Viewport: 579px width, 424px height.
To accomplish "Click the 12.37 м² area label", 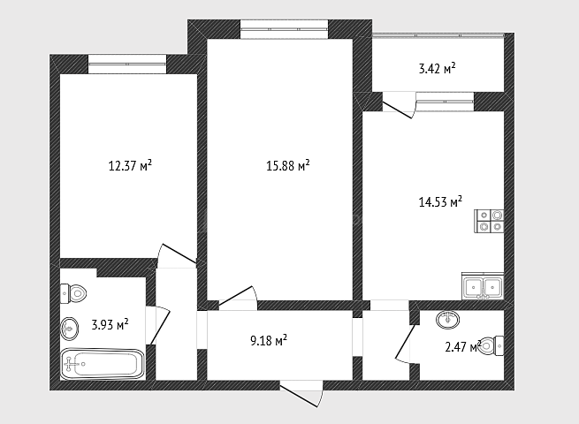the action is pyautogui.click(x=130, y=165).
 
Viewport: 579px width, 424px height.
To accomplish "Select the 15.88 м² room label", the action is pyautogui.click(x=287, y=165).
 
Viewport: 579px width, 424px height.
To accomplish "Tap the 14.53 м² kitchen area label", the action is pyautogui.click(x=440, y=201).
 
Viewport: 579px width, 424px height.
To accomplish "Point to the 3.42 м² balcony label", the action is pyautogui.click(x=437, y=69).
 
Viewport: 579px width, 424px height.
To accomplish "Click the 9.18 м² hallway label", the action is pyautogui.click(x=269, y=340).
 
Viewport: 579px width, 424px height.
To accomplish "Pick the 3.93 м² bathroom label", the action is pyautogui.click(x=110, y=325).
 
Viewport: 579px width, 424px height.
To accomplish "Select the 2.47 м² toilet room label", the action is pyautogui.click(x=463, y=346).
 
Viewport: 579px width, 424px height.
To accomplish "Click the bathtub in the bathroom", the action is pyautogui.click(x=103, y=364).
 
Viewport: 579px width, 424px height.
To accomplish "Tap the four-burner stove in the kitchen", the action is pyautogui.click(x=489, y=221).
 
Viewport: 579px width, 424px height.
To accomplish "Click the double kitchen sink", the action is pyautogui.click(x=483, y=286).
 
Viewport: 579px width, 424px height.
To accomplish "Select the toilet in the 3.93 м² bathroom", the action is pyautogui.click(x=73, y=294).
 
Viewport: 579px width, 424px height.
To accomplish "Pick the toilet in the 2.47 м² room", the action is pyautogui.click(x=491, y=345).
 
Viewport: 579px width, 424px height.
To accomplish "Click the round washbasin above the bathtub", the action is pyautogui.click(x=69, y=328).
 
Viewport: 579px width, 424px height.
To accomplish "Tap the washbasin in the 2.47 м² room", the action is pyautogui.click(x=447, y=319).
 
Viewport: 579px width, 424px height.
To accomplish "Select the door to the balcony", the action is pyautogui.click(x=400, y=105).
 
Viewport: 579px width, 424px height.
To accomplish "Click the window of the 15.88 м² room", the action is pyautogui.click(x=285, y=29).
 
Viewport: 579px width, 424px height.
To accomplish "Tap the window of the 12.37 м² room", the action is pyautogui.click(x=127, y=64).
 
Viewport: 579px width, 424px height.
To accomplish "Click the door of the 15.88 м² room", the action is pyautogui.click(x=238, y=298).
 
